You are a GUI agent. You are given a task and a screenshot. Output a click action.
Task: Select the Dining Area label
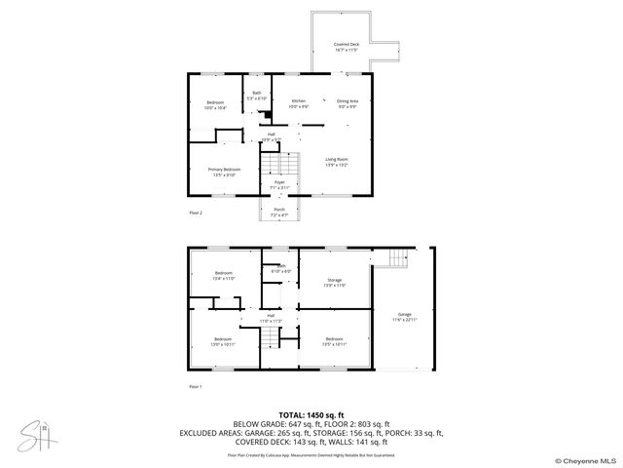[348, 100]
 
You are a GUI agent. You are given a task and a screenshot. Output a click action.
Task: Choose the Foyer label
[279, 181]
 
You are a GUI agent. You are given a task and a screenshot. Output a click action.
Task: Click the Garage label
[404, 315]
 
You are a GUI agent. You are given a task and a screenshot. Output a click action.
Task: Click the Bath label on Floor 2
[257, 94]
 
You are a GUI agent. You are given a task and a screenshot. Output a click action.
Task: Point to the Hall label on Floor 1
[270, 315]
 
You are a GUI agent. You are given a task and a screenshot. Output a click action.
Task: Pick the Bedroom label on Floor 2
[214, 102]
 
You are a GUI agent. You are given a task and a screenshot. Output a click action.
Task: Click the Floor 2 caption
[196, 212]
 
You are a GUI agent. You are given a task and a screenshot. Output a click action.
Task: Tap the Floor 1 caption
[196, 386]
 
